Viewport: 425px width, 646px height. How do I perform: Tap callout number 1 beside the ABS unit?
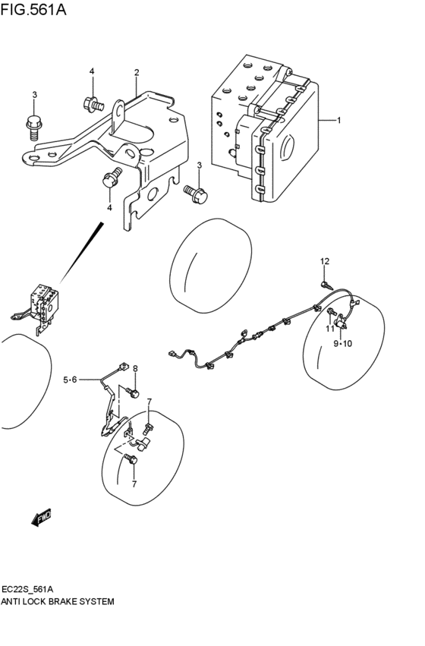point(339,120)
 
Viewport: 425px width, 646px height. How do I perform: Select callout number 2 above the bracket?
point(137,73)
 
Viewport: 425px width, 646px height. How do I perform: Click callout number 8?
point(135,369)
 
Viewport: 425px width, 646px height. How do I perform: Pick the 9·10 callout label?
point(343,343)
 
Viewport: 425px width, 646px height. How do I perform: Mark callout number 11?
point(330,328)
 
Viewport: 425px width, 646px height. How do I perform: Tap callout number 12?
point(325,262)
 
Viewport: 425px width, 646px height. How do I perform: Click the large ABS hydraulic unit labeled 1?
point(266,129)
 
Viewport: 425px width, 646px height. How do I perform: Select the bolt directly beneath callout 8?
point(133,392)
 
